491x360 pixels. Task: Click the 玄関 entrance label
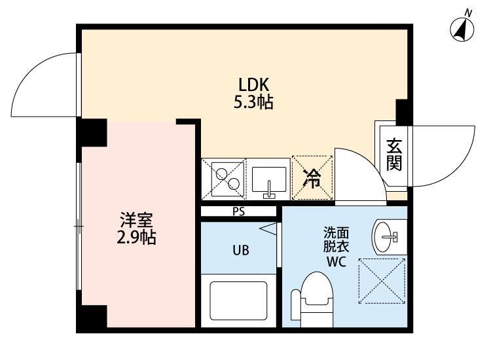[x=393, y=154]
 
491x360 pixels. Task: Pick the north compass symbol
[x=464, y=28]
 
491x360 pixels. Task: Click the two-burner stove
[x=224, y=177]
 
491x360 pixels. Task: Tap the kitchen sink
[x=269, y=181]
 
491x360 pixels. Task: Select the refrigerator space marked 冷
[x=312, y=177]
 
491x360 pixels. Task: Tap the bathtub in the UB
[x=237, y=299]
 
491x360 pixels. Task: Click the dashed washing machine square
[x=382, y=281]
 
